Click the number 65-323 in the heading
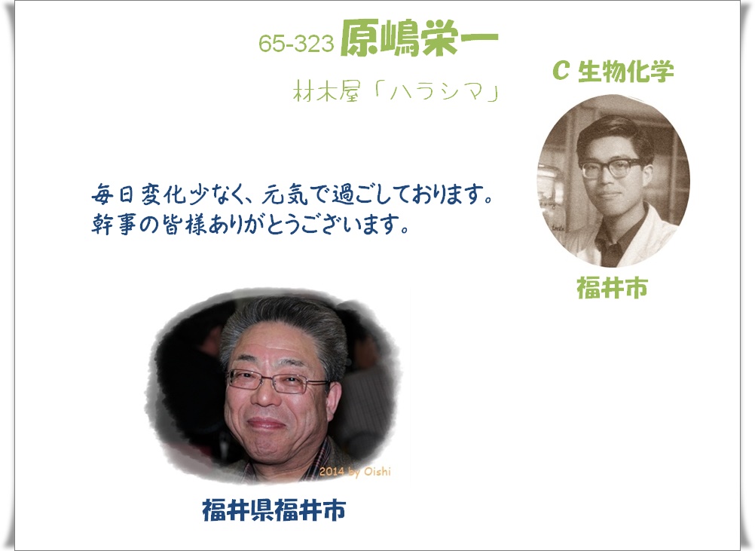tap(296, 44)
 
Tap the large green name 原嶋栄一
tap(419, 38)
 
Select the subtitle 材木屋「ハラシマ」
tap(396, 91)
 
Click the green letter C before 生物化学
tap(561, 71)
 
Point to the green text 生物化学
tap(625, 72)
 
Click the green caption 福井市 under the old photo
tap(612, 288)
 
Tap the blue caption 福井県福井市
tap(274, 510)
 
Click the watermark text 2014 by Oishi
tap(355, 472)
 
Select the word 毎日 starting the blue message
tap(114, 194)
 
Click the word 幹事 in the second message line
tap(114, 224)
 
